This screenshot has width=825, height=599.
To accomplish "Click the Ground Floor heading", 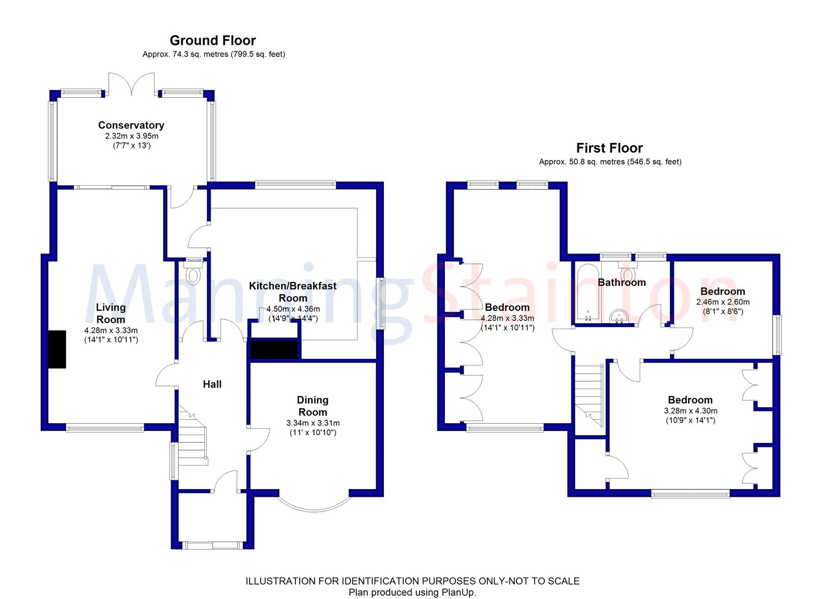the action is tap(212, 41).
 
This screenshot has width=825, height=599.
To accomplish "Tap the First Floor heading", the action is tap(609, 148).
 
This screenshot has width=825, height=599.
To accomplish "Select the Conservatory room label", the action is tap(131, 125).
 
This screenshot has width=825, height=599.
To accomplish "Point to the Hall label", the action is tap(212, 384).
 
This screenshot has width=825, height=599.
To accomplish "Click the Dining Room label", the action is tap(313, 406).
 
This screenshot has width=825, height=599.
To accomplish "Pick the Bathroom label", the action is tap(621, 282).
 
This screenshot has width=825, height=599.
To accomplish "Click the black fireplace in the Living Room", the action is tap(57, 349).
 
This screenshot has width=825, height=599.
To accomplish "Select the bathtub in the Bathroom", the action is tap(588, 292).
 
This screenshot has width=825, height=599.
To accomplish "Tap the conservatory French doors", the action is tap(131, 84).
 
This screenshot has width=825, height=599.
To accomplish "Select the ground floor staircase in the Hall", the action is tap(193, 435).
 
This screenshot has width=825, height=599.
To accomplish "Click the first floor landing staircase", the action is tap(589, 396).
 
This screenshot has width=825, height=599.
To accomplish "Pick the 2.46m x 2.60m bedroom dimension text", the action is tap(723, 302).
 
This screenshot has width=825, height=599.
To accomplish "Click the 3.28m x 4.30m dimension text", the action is tap(691, 411).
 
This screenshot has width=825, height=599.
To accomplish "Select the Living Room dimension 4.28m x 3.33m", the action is tap(111, 330).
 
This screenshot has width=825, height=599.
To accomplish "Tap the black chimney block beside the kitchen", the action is tap(274, 349).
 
